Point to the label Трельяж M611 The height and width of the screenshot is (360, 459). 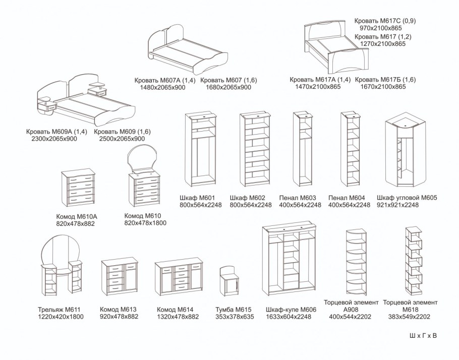pyautogui.click(x=59, y=310)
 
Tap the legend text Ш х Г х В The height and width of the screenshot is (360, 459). pyautogui.click(x=423, y=335)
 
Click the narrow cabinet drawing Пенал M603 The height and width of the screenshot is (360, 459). pyautogui.click(x=304, y=150)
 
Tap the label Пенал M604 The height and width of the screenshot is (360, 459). pyautogui.click(x=348, y=198)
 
